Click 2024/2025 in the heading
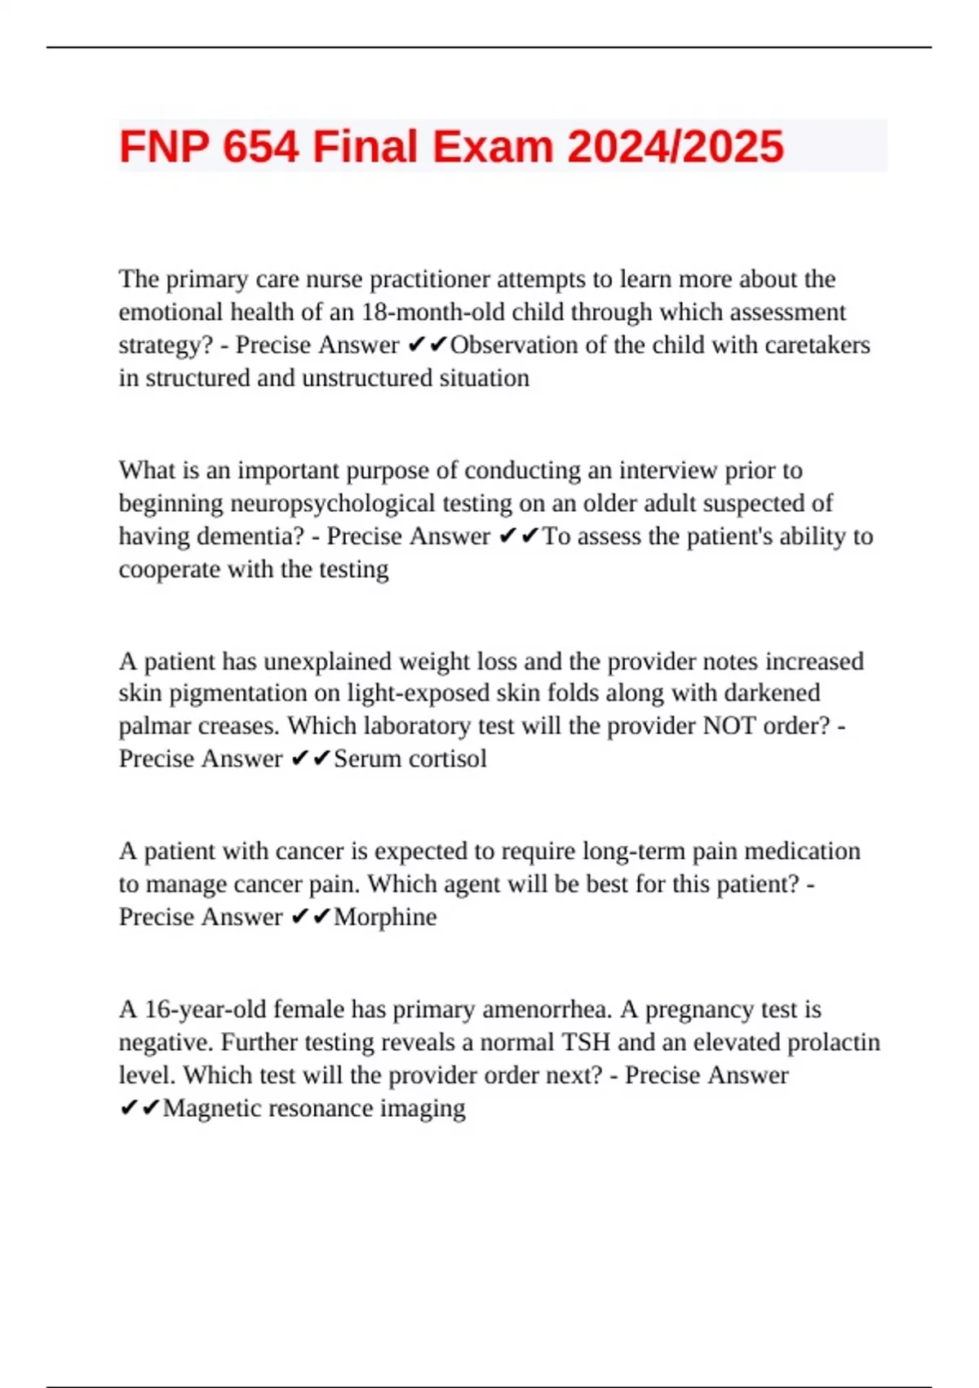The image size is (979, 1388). coord(675,147)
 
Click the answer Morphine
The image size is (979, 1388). coord(385,917)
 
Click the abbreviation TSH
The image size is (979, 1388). coord(586,1043)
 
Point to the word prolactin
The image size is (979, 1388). coord(839,1043)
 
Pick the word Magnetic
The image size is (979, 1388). coord(212,1109)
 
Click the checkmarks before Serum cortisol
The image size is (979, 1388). coord(311,759)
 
